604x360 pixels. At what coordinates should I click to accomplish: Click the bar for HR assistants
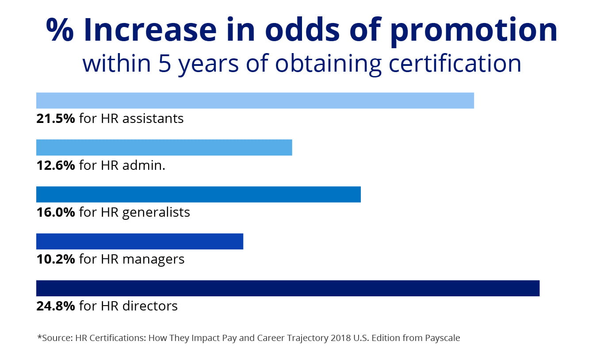(255, 100)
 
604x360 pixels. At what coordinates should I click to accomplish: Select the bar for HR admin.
(164, 147)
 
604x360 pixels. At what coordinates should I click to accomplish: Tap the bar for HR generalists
(198, 195)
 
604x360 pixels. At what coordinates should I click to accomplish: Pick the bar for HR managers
(140, 241)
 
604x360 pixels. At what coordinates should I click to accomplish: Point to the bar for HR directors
(287, 288)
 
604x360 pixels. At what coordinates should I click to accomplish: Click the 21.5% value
(55, 119)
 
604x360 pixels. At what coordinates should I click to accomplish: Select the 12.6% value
(55, 165)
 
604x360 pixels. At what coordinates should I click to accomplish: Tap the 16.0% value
(55, 212)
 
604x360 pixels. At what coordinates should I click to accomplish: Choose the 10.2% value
(55, 259)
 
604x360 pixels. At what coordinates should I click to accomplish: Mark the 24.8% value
(55, 306)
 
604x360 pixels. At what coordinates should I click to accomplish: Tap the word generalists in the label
(156, 213)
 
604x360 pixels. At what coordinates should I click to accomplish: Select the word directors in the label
(150, 306)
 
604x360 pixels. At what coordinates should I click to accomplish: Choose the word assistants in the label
(153, 119)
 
